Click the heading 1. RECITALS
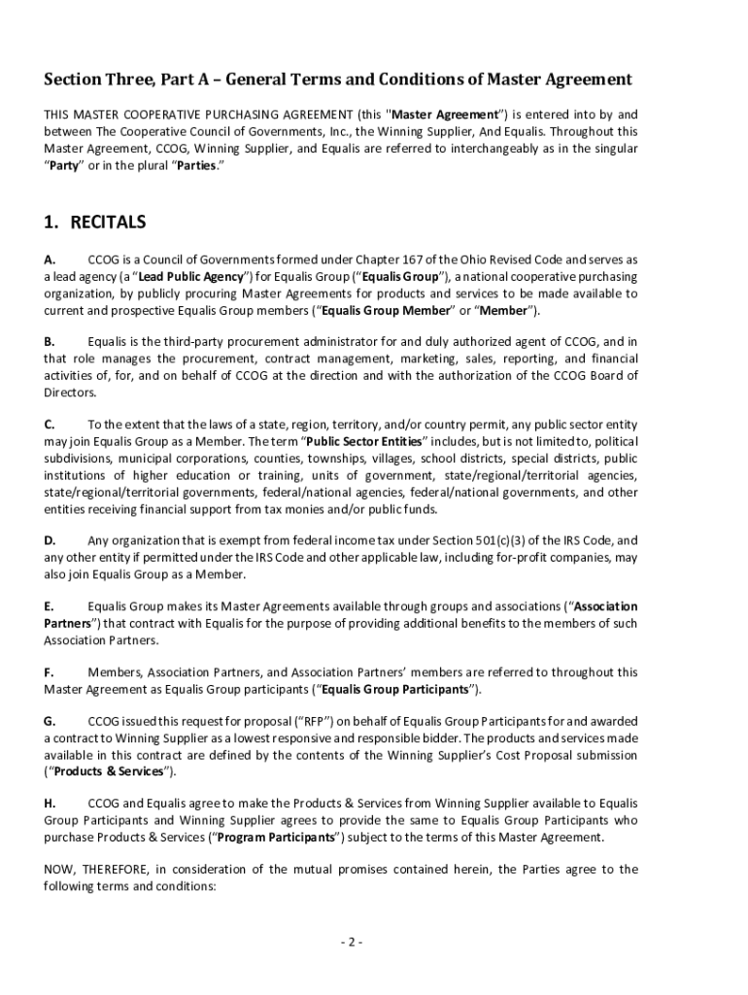coord(94,223)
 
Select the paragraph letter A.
coord(49,260)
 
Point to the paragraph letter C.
coord(49,425)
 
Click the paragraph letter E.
coord(49,606)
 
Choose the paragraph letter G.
coord(50,722)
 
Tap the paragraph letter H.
coord(50,804)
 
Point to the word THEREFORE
coord(115,870)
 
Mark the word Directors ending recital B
coord(70,392)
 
